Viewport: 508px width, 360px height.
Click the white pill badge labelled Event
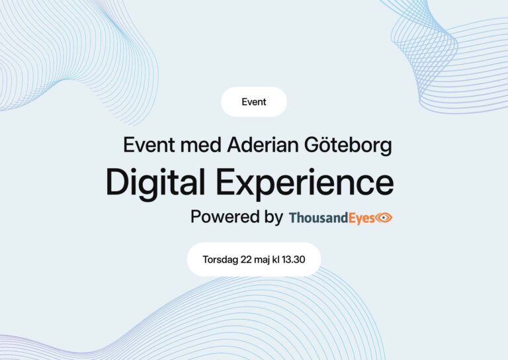pyautogui.click(x=254, y=102)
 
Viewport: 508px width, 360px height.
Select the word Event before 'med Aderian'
pyautogui.click(x=149, y=145)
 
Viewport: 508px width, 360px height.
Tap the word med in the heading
pyautogui.click(x=201, y=145)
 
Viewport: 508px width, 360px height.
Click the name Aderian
pyautogui.click(x=263, y=145)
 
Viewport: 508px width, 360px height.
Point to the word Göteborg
pyautogui.click(x=348, y=146)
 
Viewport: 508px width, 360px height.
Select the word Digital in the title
pyautogui.click(x=155, y=183)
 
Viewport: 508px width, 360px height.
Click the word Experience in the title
pyautogui.click(x=305, y=183)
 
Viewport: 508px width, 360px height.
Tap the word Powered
pyautogui.click(x=225, y=216)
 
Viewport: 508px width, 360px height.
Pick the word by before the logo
pyautogui.click(x=274, y=217)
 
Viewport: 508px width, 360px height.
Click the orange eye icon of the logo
pyautogui.click(x=384, y=218)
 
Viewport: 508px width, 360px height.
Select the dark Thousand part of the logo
pyautogui.click(x=318, y=218)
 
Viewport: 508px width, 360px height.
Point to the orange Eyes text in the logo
pyautogui.click(x=362, y=218)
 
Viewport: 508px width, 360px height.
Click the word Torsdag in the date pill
pyautogui.click(x=220, y=259)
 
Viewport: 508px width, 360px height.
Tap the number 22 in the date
pyautogui.click(x=246, y=259)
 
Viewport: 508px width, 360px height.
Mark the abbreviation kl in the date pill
pyautogui.click(x=276, y=259)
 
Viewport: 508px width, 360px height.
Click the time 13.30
pyautogui.click(x=293, y=259)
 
